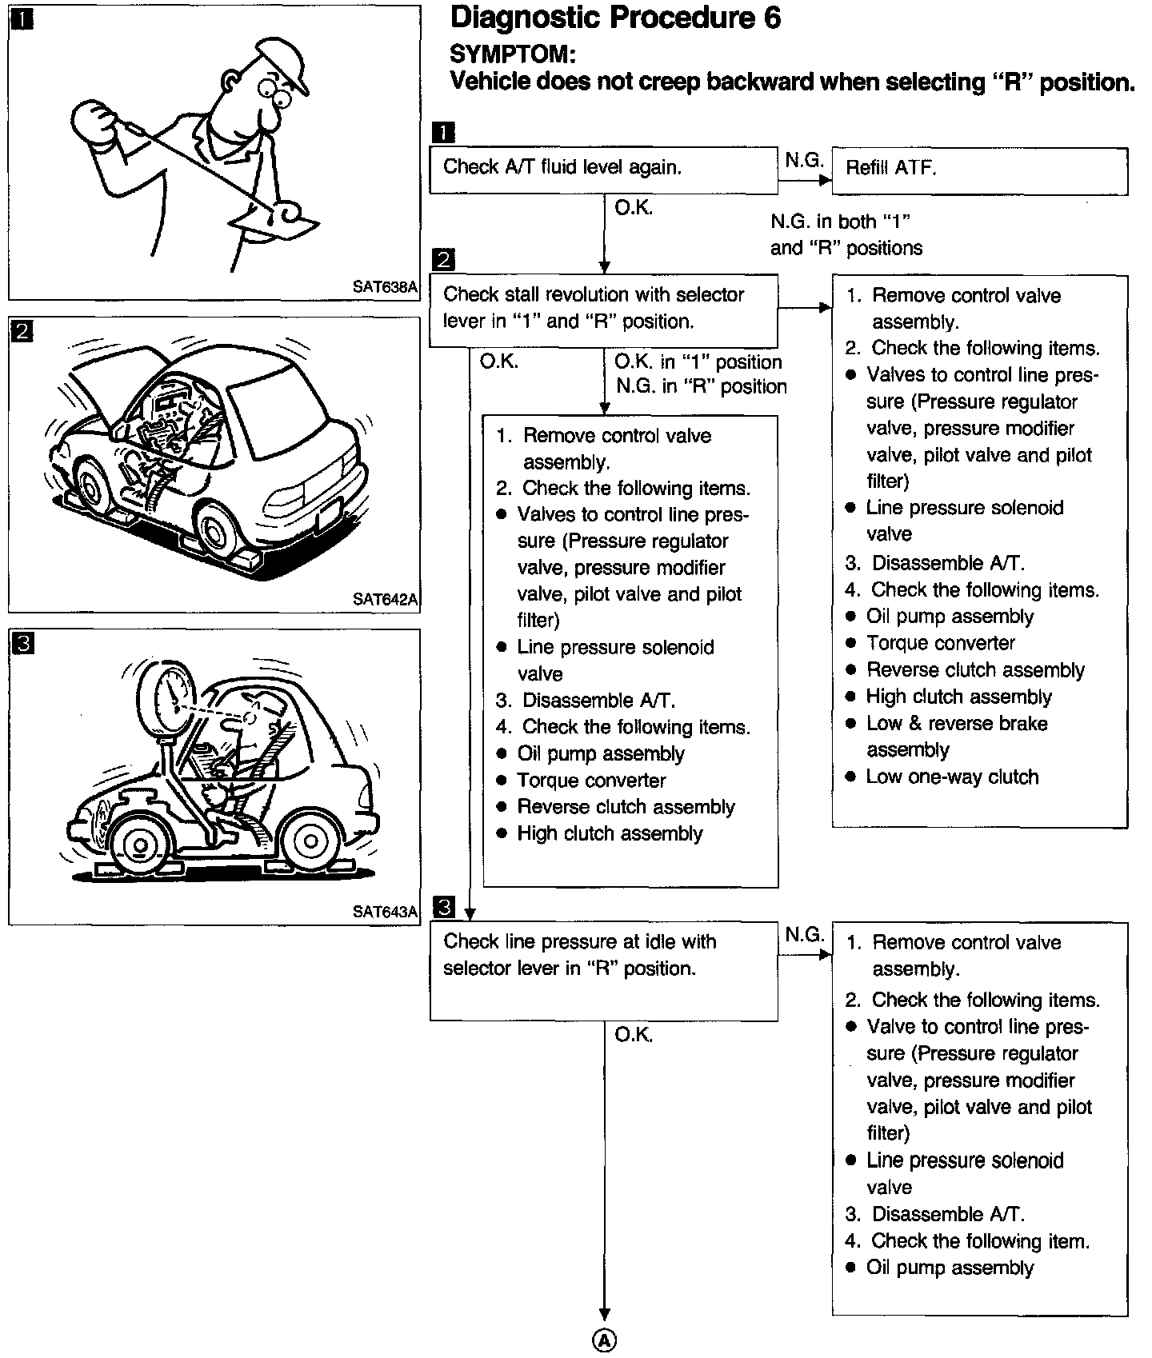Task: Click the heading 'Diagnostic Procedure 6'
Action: pyautogui.click(x=615, y=18)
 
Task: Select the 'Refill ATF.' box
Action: pyautogui.click(x=979, y=170)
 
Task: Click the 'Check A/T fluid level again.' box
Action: pyautogui.click(x=603, y=170)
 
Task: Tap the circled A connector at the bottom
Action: pyautogui.click(x=604, y=1340)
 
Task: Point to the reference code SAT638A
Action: pyautogui.click(x=385, y=287)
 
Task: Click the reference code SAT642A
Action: pyautogui.click(x=385, y=599)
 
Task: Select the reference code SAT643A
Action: pyautogui.click(x=385, y=912)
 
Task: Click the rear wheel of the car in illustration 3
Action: pyautogui.click(x=309, y=842)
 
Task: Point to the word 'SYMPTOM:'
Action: pyautogui.click(x=512, y=54)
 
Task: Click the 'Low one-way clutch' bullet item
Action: pyautogui.click(x=951, y=777)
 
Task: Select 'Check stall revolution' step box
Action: pyautogui.click(x=603, y=310)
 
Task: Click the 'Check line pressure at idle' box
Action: pyautogui.click(x=603, y=969)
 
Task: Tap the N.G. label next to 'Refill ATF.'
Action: pyautogui.click(x=803, y=160)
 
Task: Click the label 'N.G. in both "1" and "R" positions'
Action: pyautogui.click(x=846, y=234)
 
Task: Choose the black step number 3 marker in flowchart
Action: pyautogui.click(x=443, y=907)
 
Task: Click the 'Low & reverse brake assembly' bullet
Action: pyautogui.click(x=956, y=737)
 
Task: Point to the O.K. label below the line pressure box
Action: pyautogui.click(x=634, y=1035)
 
